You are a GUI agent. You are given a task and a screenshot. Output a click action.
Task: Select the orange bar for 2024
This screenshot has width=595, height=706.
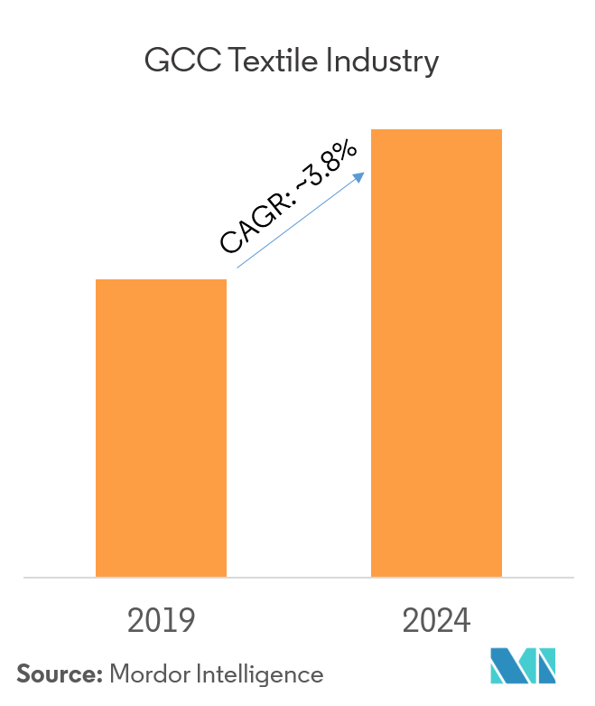tap(436, 353)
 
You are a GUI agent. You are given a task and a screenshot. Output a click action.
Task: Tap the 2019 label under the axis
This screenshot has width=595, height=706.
tap(162, 621)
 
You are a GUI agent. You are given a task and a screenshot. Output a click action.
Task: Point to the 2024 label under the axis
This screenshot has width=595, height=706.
tap(437, 621)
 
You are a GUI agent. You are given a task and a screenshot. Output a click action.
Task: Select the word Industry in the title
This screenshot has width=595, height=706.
tap(386, 61)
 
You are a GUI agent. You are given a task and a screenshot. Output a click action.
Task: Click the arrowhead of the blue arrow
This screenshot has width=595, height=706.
tap(360, 175)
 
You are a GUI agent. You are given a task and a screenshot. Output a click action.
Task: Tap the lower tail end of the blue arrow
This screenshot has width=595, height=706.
tap(238, 267)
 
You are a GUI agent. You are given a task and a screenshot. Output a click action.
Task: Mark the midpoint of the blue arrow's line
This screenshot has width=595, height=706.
tap(300, 221)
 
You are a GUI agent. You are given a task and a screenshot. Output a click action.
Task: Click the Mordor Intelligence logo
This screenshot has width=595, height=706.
tap(524, 666)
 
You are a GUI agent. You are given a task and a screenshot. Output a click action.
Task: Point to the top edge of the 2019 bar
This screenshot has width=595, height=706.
tap(161, 280)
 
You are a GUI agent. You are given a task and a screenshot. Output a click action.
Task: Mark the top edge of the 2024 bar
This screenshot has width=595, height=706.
tap(436, 130)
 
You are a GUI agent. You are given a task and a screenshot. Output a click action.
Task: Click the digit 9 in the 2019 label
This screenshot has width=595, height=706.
tap(186, 621)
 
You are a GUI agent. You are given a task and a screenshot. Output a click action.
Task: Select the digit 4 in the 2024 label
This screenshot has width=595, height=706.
tap(462, 621)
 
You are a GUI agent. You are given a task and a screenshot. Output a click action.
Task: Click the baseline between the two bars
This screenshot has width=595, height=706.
tap(299, 577)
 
